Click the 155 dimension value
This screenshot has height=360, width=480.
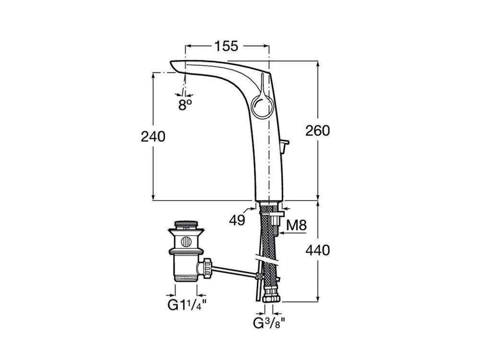226,46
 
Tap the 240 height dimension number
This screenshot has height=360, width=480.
153,136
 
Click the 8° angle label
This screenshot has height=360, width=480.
185,105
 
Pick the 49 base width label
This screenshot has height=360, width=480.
237,220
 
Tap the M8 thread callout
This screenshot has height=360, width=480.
297,225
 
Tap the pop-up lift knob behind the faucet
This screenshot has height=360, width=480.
285,144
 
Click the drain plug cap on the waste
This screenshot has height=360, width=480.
186,224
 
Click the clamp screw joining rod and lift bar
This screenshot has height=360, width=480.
259,276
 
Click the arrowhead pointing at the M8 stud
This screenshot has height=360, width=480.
282,233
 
